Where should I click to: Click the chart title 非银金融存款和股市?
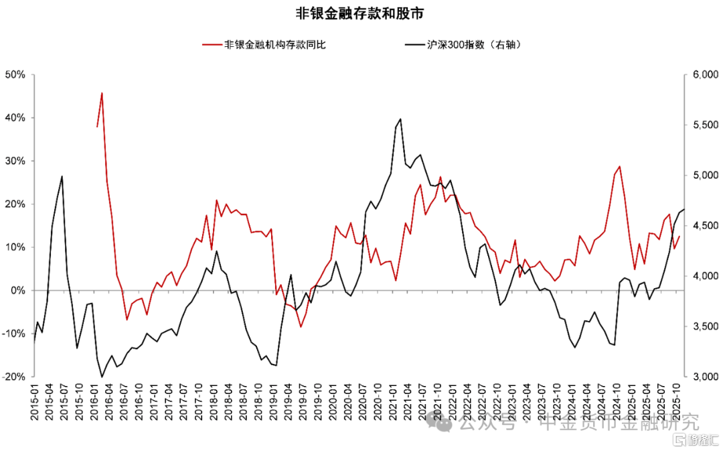click(361, 13)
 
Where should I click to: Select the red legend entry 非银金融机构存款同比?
click(274, 45)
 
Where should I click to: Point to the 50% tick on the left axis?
click(14, 74)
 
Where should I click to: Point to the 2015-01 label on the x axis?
click(34, 400)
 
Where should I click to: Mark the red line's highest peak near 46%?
click(102, 93)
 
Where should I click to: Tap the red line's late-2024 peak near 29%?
click(620, 166)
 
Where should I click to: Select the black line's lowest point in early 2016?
click(102, 377)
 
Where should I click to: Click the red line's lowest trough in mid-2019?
click(301, 327)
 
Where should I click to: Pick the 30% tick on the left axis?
click(14, 161)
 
